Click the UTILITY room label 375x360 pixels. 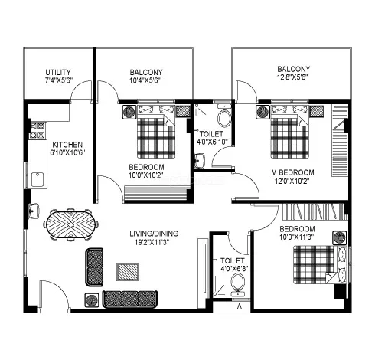click(x=59, y=70)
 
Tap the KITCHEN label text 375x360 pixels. click(x=67, y=145)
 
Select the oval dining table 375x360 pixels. click(x=73, y=225)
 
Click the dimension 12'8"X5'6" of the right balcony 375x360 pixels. click(x=293, y=77)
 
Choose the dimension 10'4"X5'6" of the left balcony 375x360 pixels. click(x=146, y=80)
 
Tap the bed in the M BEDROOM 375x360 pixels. click(x=290, y=135)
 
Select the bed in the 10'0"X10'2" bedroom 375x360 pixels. click(x=156, y=136)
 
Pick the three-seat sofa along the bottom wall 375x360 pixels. click(x=129, y=299)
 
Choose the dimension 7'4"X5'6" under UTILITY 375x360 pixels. click(x=59, y=80)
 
